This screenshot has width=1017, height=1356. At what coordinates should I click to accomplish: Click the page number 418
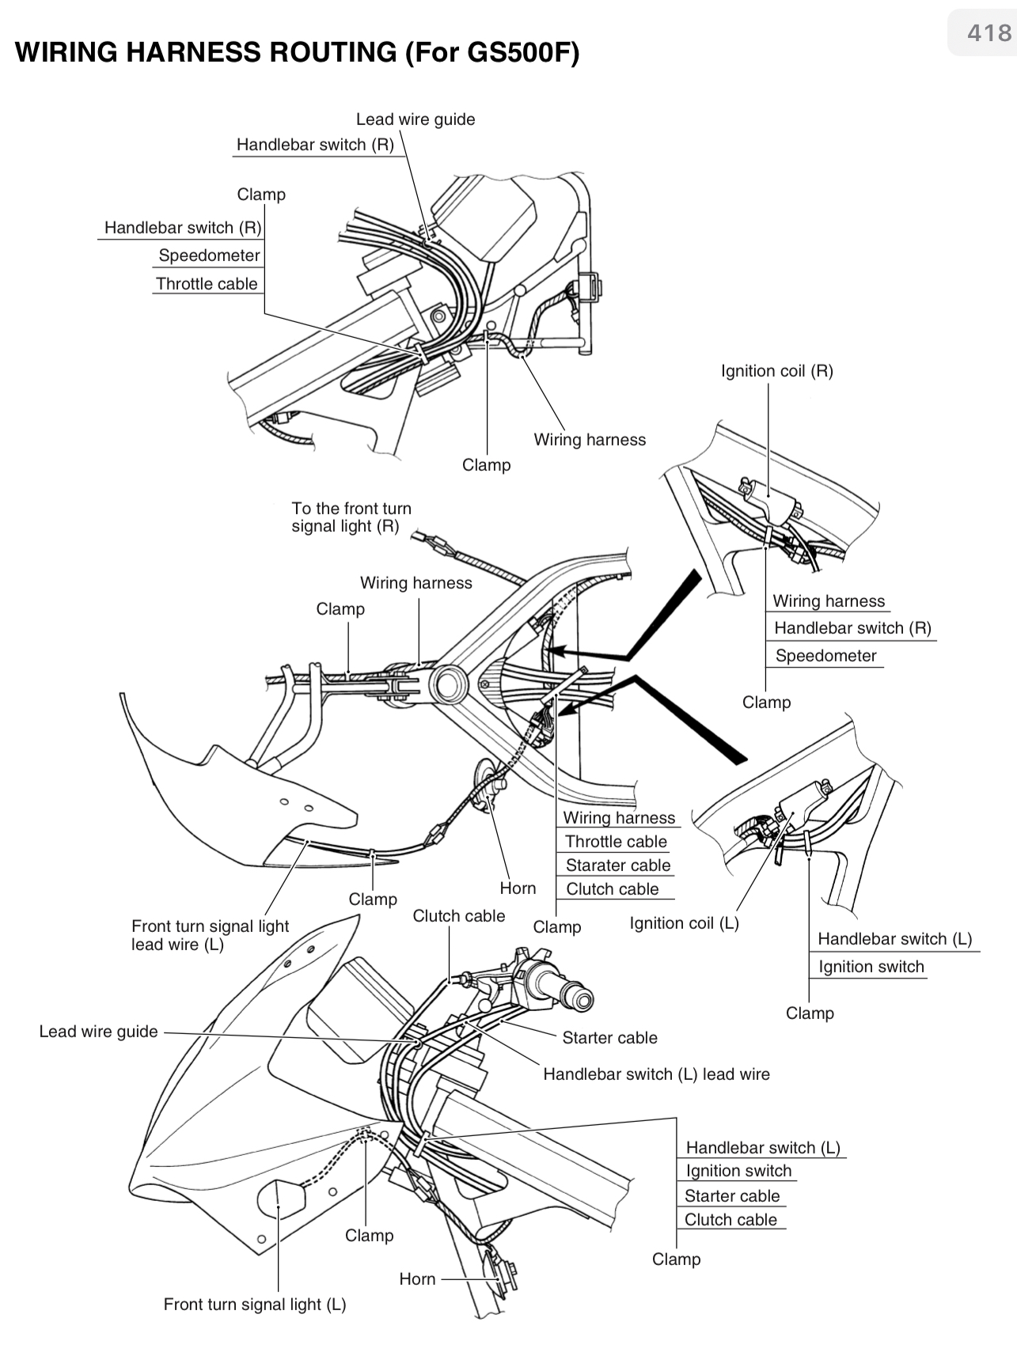(x=989, y=33)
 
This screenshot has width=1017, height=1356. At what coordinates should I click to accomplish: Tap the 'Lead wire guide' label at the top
(x=415, y=119)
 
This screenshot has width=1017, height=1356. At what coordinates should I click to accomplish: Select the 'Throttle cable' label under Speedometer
(x=207, y=284)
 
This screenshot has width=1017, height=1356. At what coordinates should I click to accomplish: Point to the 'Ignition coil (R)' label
(x=776, y=371)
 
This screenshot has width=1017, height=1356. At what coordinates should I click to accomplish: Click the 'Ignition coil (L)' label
(x=684, y=923)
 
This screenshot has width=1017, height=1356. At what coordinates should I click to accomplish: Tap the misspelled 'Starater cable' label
(x=617, y=865)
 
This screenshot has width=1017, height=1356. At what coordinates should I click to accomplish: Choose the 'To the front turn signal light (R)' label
(x=351, y=517)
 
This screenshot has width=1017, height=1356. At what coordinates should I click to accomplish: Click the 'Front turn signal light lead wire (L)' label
(x=210, y=935)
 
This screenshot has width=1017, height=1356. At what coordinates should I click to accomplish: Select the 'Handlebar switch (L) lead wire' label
(x=656, y=1074)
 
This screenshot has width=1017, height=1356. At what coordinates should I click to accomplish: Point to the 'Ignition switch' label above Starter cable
(x=738, y=1171)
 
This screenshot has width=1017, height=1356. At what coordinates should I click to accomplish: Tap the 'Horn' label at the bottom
(x=417, y=1279)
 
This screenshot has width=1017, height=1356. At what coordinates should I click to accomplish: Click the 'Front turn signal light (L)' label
(x=254, y=1305)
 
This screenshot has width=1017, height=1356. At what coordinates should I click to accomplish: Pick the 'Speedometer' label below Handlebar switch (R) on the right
(x=825, y=656)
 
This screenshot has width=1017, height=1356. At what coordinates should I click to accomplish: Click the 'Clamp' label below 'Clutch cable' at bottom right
(x=676, y=1259)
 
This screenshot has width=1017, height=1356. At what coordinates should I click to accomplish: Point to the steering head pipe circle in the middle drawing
(x=448, y=684)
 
